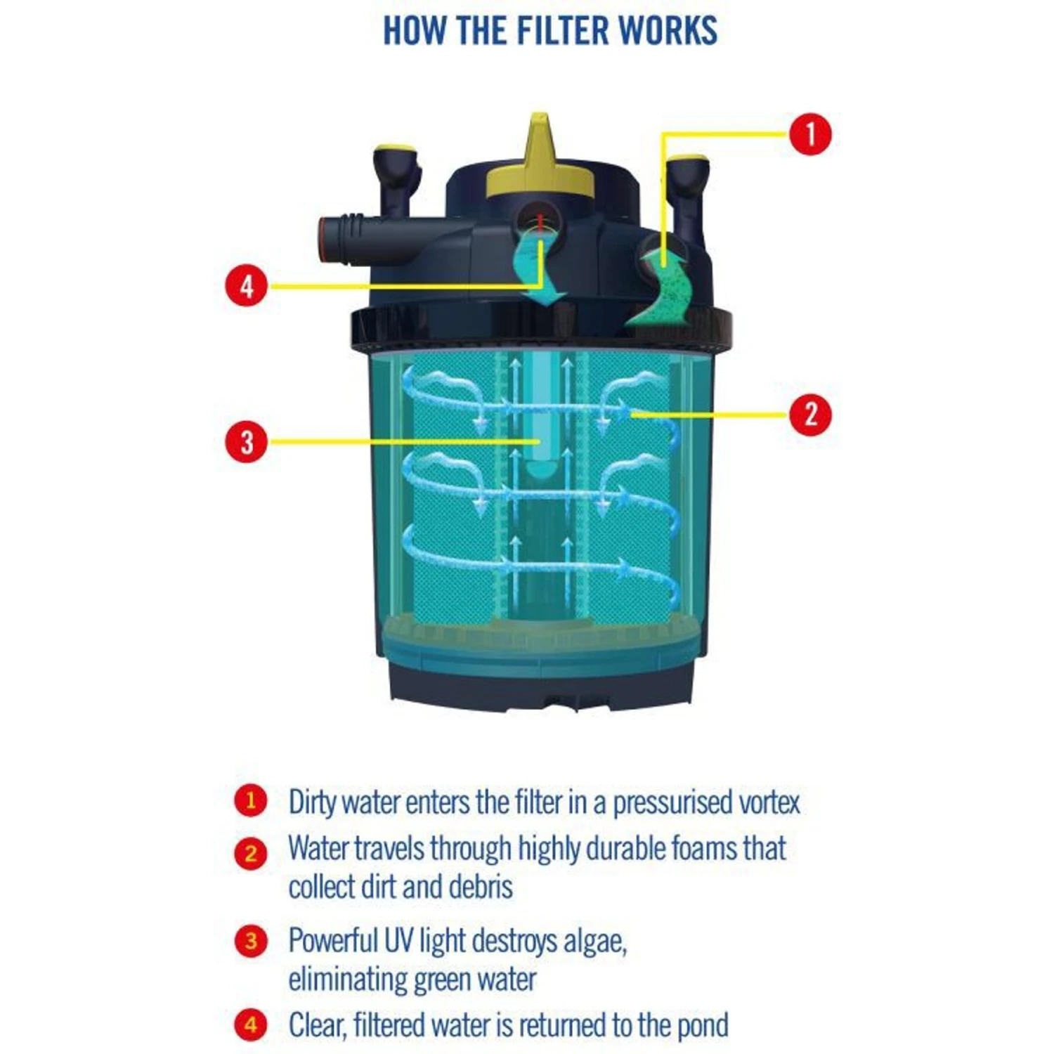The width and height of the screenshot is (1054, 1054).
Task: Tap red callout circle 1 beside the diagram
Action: tap(809, 134)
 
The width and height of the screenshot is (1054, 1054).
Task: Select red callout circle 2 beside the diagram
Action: tap(809, 415)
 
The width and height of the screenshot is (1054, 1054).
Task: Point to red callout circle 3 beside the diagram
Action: tap(247, 442)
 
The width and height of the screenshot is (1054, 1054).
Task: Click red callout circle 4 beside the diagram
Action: tap(247, 286)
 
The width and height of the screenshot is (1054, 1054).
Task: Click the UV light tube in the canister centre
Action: tap(540, 415)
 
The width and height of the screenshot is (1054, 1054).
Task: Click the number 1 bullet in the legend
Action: tap(251, 801)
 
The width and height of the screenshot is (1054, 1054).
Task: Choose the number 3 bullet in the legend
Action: tap(251, 941)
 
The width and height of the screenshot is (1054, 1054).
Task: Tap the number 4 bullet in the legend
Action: tap(251, 1025)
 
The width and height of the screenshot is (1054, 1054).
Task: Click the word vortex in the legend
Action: tap(769, 802)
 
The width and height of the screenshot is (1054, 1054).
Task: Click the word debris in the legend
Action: tap(481, 887)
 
